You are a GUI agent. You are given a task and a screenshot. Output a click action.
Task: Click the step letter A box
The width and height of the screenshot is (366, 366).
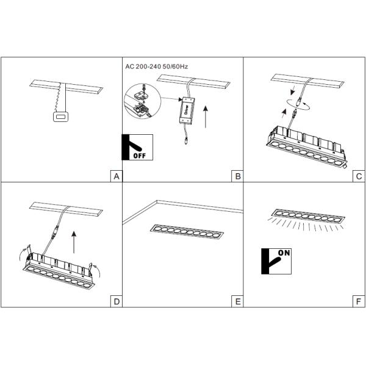116,176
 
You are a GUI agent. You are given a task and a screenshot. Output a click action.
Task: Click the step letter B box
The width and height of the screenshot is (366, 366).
237,176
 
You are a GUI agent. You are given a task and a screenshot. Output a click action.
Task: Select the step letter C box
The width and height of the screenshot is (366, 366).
359,176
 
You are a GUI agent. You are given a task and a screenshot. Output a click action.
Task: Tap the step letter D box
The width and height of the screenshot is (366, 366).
116,301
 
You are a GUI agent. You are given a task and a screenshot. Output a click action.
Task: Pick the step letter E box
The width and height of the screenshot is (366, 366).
237,301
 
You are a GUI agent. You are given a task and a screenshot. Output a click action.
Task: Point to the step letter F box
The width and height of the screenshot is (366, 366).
359,301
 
